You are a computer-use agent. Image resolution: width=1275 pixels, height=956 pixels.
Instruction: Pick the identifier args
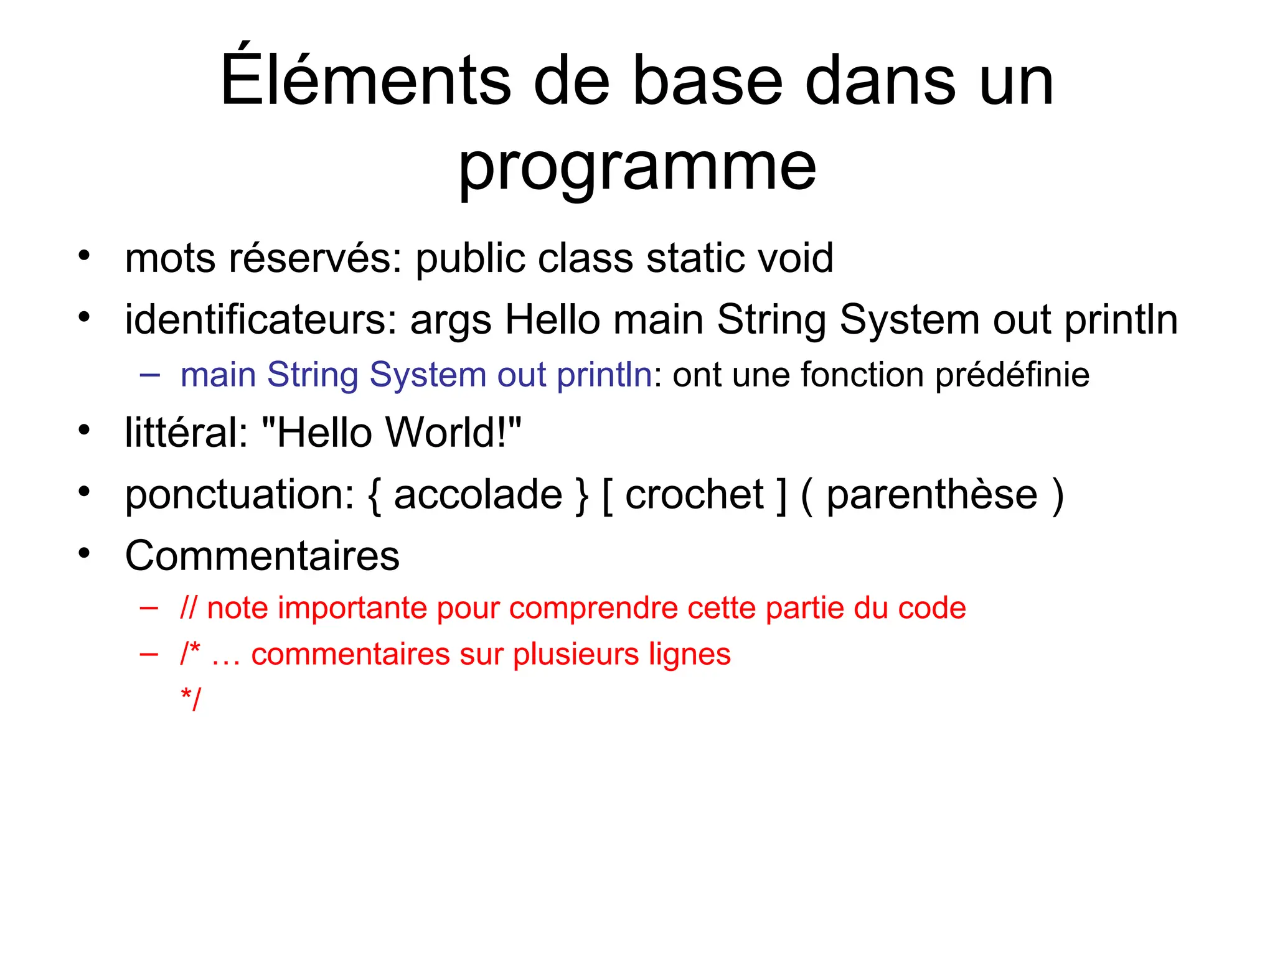click(x=451, y=321)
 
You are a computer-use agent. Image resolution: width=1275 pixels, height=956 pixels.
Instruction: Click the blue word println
click(x=604, y=375)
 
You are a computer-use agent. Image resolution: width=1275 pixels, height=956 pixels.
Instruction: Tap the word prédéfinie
click(x=1012, y=375)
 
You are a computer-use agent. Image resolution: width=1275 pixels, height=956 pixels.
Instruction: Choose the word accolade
click(x=478, y=495)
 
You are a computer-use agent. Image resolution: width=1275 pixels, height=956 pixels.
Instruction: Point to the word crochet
click(x=694, y=495)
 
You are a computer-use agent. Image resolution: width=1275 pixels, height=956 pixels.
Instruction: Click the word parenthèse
click(x=932, y=495)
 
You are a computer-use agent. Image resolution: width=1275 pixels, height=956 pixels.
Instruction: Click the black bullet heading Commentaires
click(x=262, y=556)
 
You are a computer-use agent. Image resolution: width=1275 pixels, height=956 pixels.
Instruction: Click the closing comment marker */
click(x=191, y=699)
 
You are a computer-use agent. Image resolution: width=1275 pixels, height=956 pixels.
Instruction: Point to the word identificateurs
click(x=261, y=320)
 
